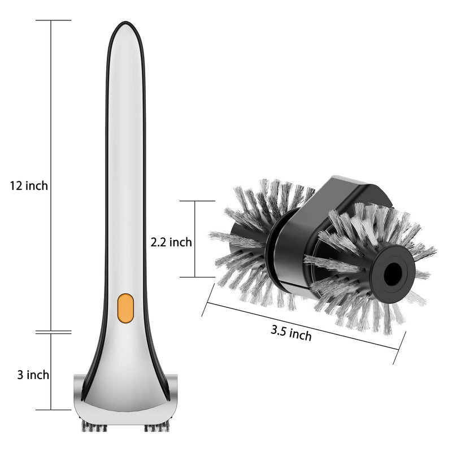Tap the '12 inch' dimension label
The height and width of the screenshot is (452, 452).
29,185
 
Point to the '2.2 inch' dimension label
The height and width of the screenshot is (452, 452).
171,242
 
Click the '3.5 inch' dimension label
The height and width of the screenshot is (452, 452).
291,333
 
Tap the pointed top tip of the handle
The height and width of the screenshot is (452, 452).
125,24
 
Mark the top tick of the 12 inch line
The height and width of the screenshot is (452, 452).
53,20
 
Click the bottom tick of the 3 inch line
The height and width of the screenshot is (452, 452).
53,410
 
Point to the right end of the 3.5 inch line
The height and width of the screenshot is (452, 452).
400,347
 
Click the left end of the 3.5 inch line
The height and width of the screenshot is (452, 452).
207,294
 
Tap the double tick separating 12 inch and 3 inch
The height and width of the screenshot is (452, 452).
53,332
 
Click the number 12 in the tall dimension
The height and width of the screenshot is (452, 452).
15,185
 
